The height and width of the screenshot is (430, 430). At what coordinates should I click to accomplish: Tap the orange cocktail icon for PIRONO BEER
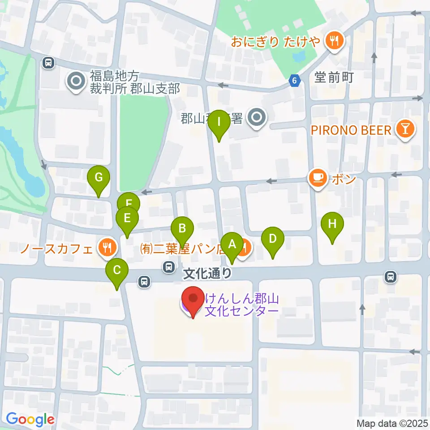[x=405, y=130]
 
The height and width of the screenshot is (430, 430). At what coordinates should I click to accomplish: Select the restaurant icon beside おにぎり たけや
[x=334, y=42]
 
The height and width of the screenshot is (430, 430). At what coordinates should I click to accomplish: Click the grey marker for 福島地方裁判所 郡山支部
[x=75, y=81]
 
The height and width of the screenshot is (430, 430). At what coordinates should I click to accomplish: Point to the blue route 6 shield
[x=294, y=81]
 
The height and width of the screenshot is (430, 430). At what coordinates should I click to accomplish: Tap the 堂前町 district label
[x=334, y=78]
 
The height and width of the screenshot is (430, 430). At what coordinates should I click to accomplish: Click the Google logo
[x=30, y=419]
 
